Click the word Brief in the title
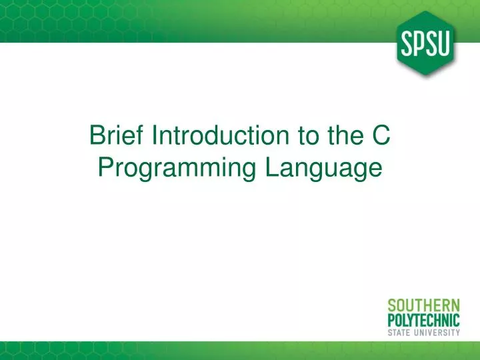117,136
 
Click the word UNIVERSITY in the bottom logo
436,331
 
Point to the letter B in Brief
97,136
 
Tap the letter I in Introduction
155,136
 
